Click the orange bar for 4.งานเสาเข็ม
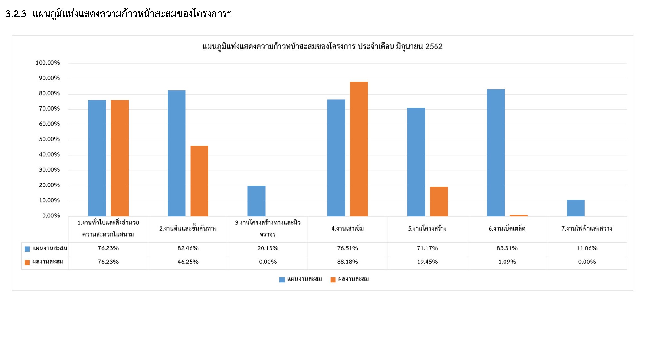coord(359,149)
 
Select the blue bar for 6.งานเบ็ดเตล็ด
coord(496,153)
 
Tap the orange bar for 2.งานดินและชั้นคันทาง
coord(199,181)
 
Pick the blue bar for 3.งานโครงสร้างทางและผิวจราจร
coord(256,201)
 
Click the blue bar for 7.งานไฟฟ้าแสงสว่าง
coord(576,208)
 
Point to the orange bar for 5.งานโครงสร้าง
coord(439,201)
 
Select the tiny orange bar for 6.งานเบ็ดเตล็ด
coord(518,215)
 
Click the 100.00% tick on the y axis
coord(48,63)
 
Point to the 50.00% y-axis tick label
coord(49,139)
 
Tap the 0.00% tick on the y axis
coord(51,215)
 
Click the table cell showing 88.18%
coord(348,262)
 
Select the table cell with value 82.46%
coord(188,248)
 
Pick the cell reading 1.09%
coord(507,262)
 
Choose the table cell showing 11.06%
coord(587,248)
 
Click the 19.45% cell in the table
coord(427,262)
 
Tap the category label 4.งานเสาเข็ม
coord(348,228)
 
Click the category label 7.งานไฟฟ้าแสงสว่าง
coord(587,228)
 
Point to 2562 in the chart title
coord(434,47)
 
